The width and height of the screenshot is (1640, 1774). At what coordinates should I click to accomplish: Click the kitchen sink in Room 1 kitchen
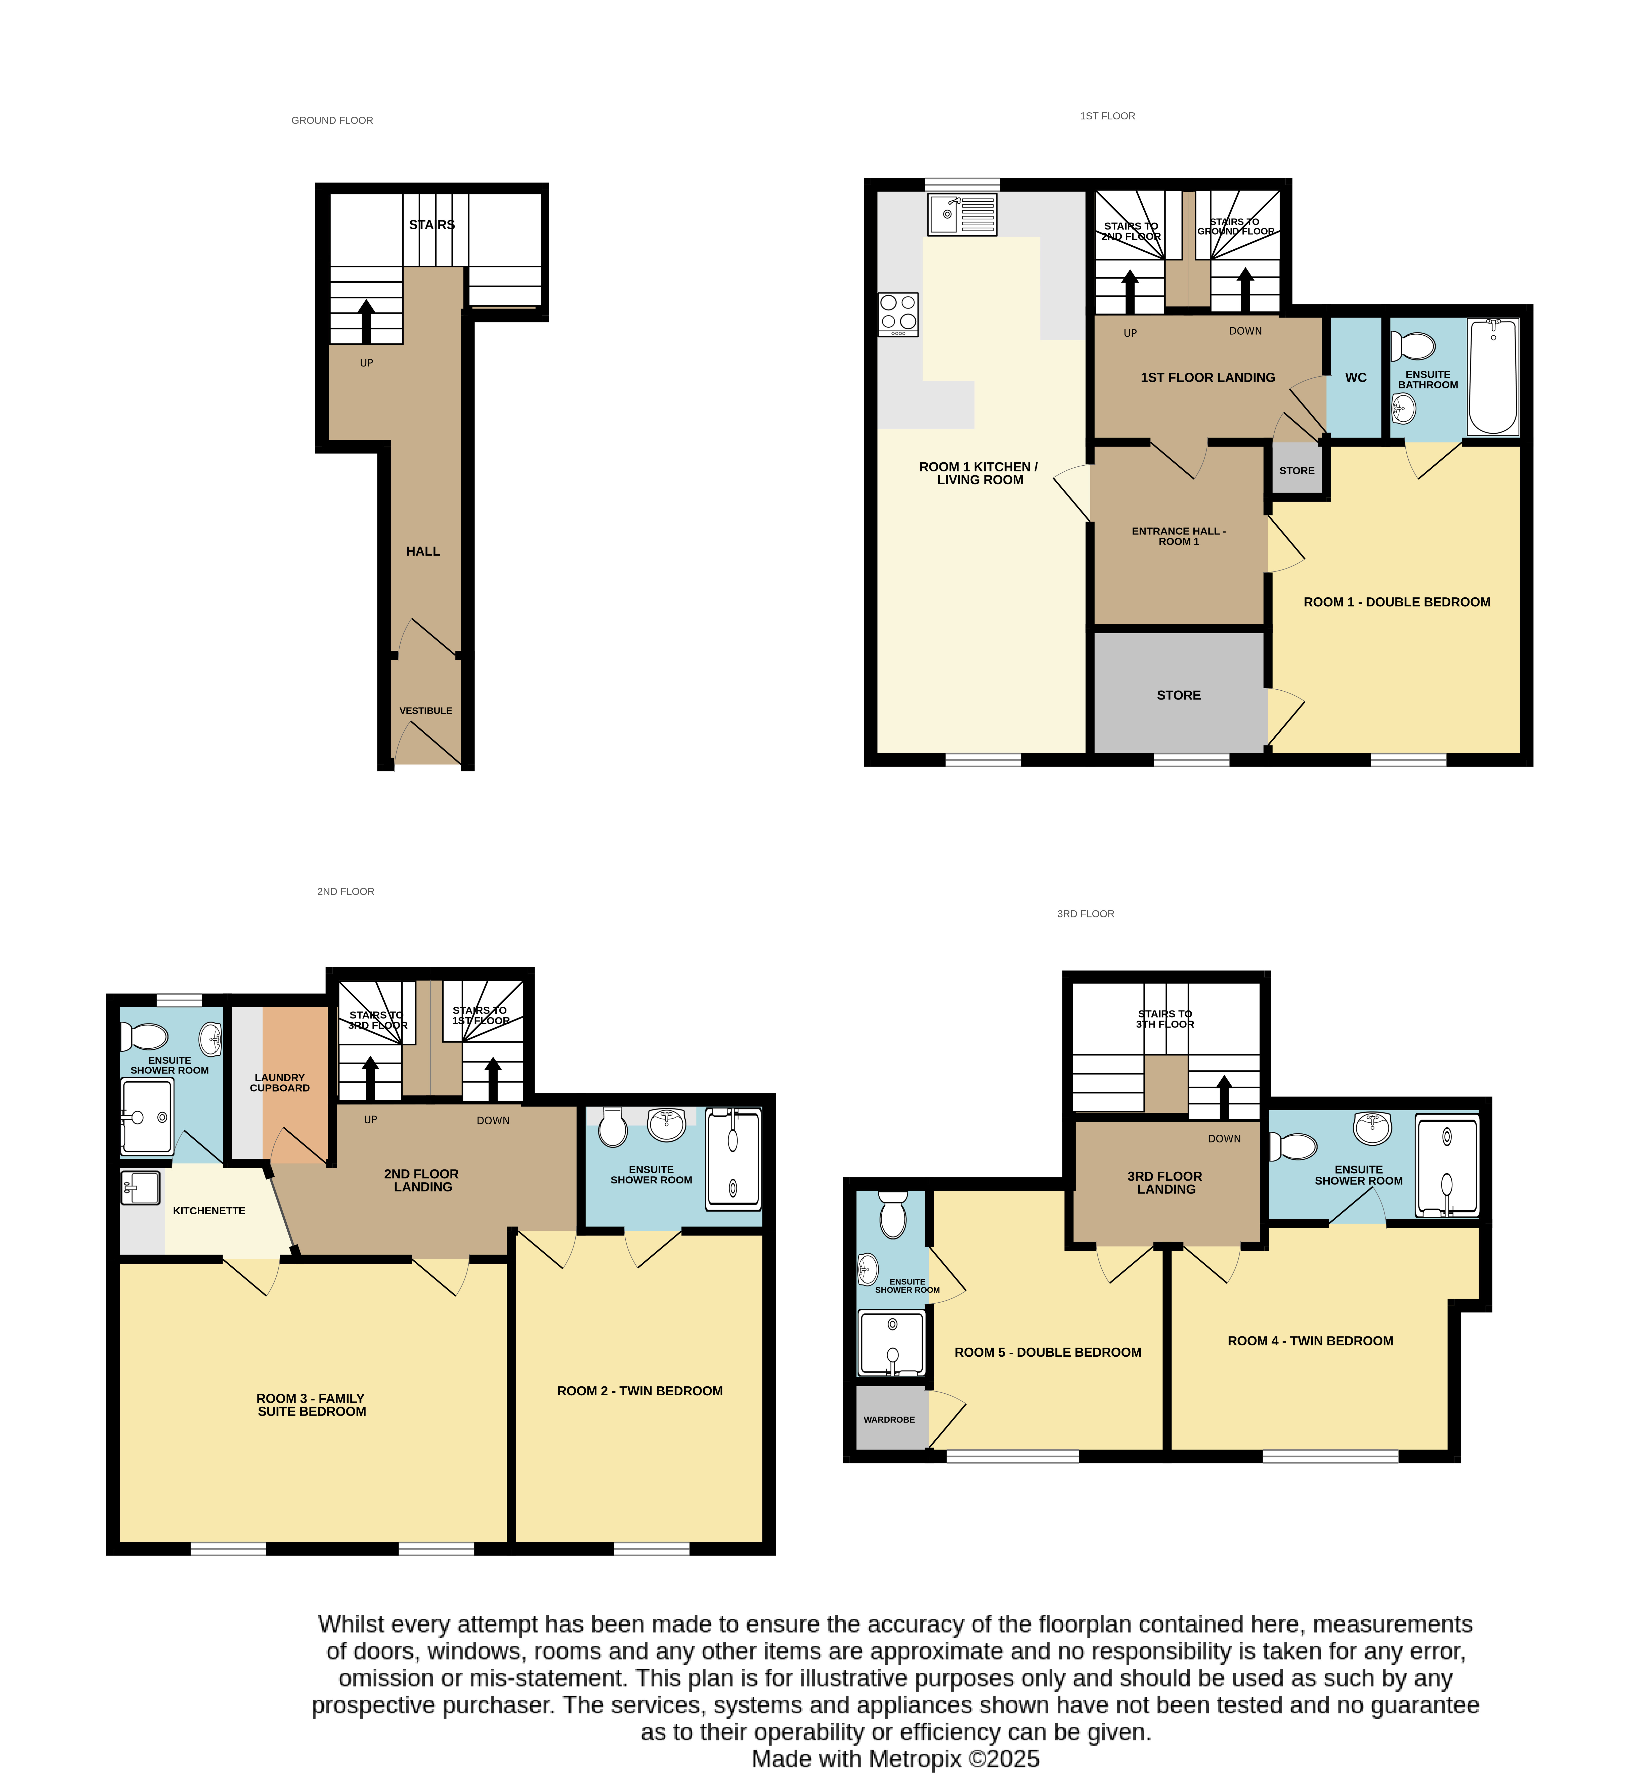click(962, 215)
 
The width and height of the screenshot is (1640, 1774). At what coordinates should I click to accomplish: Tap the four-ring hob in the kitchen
click(898, 314)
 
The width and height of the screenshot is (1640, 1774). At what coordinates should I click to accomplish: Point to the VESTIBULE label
click(426, 710)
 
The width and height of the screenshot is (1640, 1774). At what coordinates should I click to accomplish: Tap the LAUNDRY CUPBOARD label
click(280, 1083)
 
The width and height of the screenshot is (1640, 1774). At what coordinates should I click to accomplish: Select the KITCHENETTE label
click(209, 1211)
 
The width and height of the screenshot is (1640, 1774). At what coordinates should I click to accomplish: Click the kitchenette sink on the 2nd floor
click(140, 1187)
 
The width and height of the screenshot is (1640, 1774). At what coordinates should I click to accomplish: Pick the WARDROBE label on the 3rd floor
click(889, 1419)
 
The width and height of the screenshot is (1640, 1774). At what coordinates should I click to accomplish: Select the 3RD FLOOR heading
click(1085, 913)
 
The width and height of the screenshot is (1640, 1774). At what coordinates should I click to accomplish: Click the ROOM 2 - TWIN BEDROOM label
click(640, 1391)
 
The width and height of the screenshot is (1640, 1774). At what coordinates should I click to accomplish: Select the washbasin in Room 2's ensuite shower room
click(666, 1124)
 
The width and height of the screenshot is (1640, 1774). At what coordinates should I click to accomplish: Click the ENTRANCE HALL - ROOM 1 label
click(1179, 536)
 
